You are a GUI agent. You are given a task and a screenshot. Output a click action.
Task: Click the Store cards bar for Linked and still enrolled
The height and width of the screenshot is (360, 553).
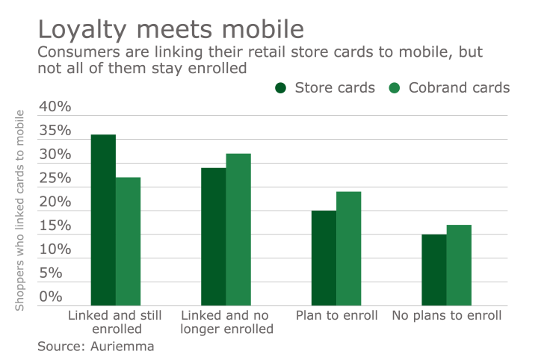[103, 220]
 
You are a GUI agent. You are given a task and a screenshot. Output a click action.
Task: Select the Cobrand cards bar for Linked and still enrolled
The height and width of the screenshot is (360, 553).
[128, 241]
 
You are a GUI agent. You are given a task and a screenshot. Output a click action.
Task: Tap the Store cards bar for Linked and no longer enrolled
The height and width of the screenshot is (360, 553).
[213, 236]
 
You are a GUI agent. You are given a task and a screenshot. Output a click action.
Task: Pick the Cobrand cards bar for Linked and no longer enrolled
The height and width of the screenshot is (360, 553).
[238, 229]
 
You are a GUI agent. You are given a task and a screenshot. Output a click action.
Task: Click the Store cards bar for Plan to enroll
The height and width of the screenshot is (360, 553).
[324, 258]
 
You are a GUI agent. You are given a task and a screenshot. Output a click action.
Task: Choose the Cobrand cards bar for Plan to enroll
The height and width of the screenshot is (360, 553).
[348, 248]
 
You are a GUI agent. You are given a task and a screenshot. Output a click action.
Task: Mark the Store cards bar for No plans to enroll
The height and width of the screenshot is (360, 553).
[433, 270]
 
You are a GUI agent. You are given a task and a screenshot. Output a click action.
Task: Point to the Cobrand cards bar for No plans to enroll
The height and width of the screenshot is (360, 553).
[459, 265]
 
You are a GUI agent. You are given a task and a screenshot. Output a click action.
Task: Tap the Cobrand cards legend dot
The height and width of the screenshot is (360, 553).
[395, 88]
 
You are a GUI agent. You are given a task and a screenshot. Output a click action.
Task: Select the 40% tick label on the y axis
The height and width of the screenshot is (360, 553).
[55, 107]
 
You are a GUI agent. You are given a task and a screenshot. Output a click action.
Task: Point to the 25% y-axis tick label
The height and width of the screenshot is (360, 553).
[55, 179]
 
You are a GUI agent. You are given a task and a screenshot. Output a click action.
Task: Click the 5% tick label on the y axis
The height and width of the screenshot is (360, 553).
[59, 273]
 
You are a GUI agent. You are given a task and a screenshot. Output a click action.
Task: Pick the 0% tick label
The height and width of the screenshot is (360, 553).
[59, 297]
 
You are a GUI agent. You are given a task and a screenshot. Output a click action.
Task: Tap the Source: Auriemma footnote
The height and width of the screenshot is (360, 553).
[96, 346]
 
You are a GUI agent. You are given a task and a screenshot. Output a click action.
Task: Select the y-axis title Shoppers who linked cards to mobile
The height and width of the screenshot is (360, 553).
[20, 210]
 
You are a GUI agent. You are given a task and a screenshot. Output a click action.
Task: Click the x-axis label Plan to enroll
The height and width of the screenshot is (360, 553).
[336, 315]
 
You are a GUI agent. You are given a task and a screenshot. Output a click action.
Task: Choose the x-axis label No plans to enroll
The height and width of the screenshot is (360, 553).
[446, 315]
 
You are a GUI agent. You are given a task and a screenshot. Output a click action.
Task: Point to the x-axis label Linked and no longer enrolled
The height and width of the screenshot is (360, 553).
[226, 322]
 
